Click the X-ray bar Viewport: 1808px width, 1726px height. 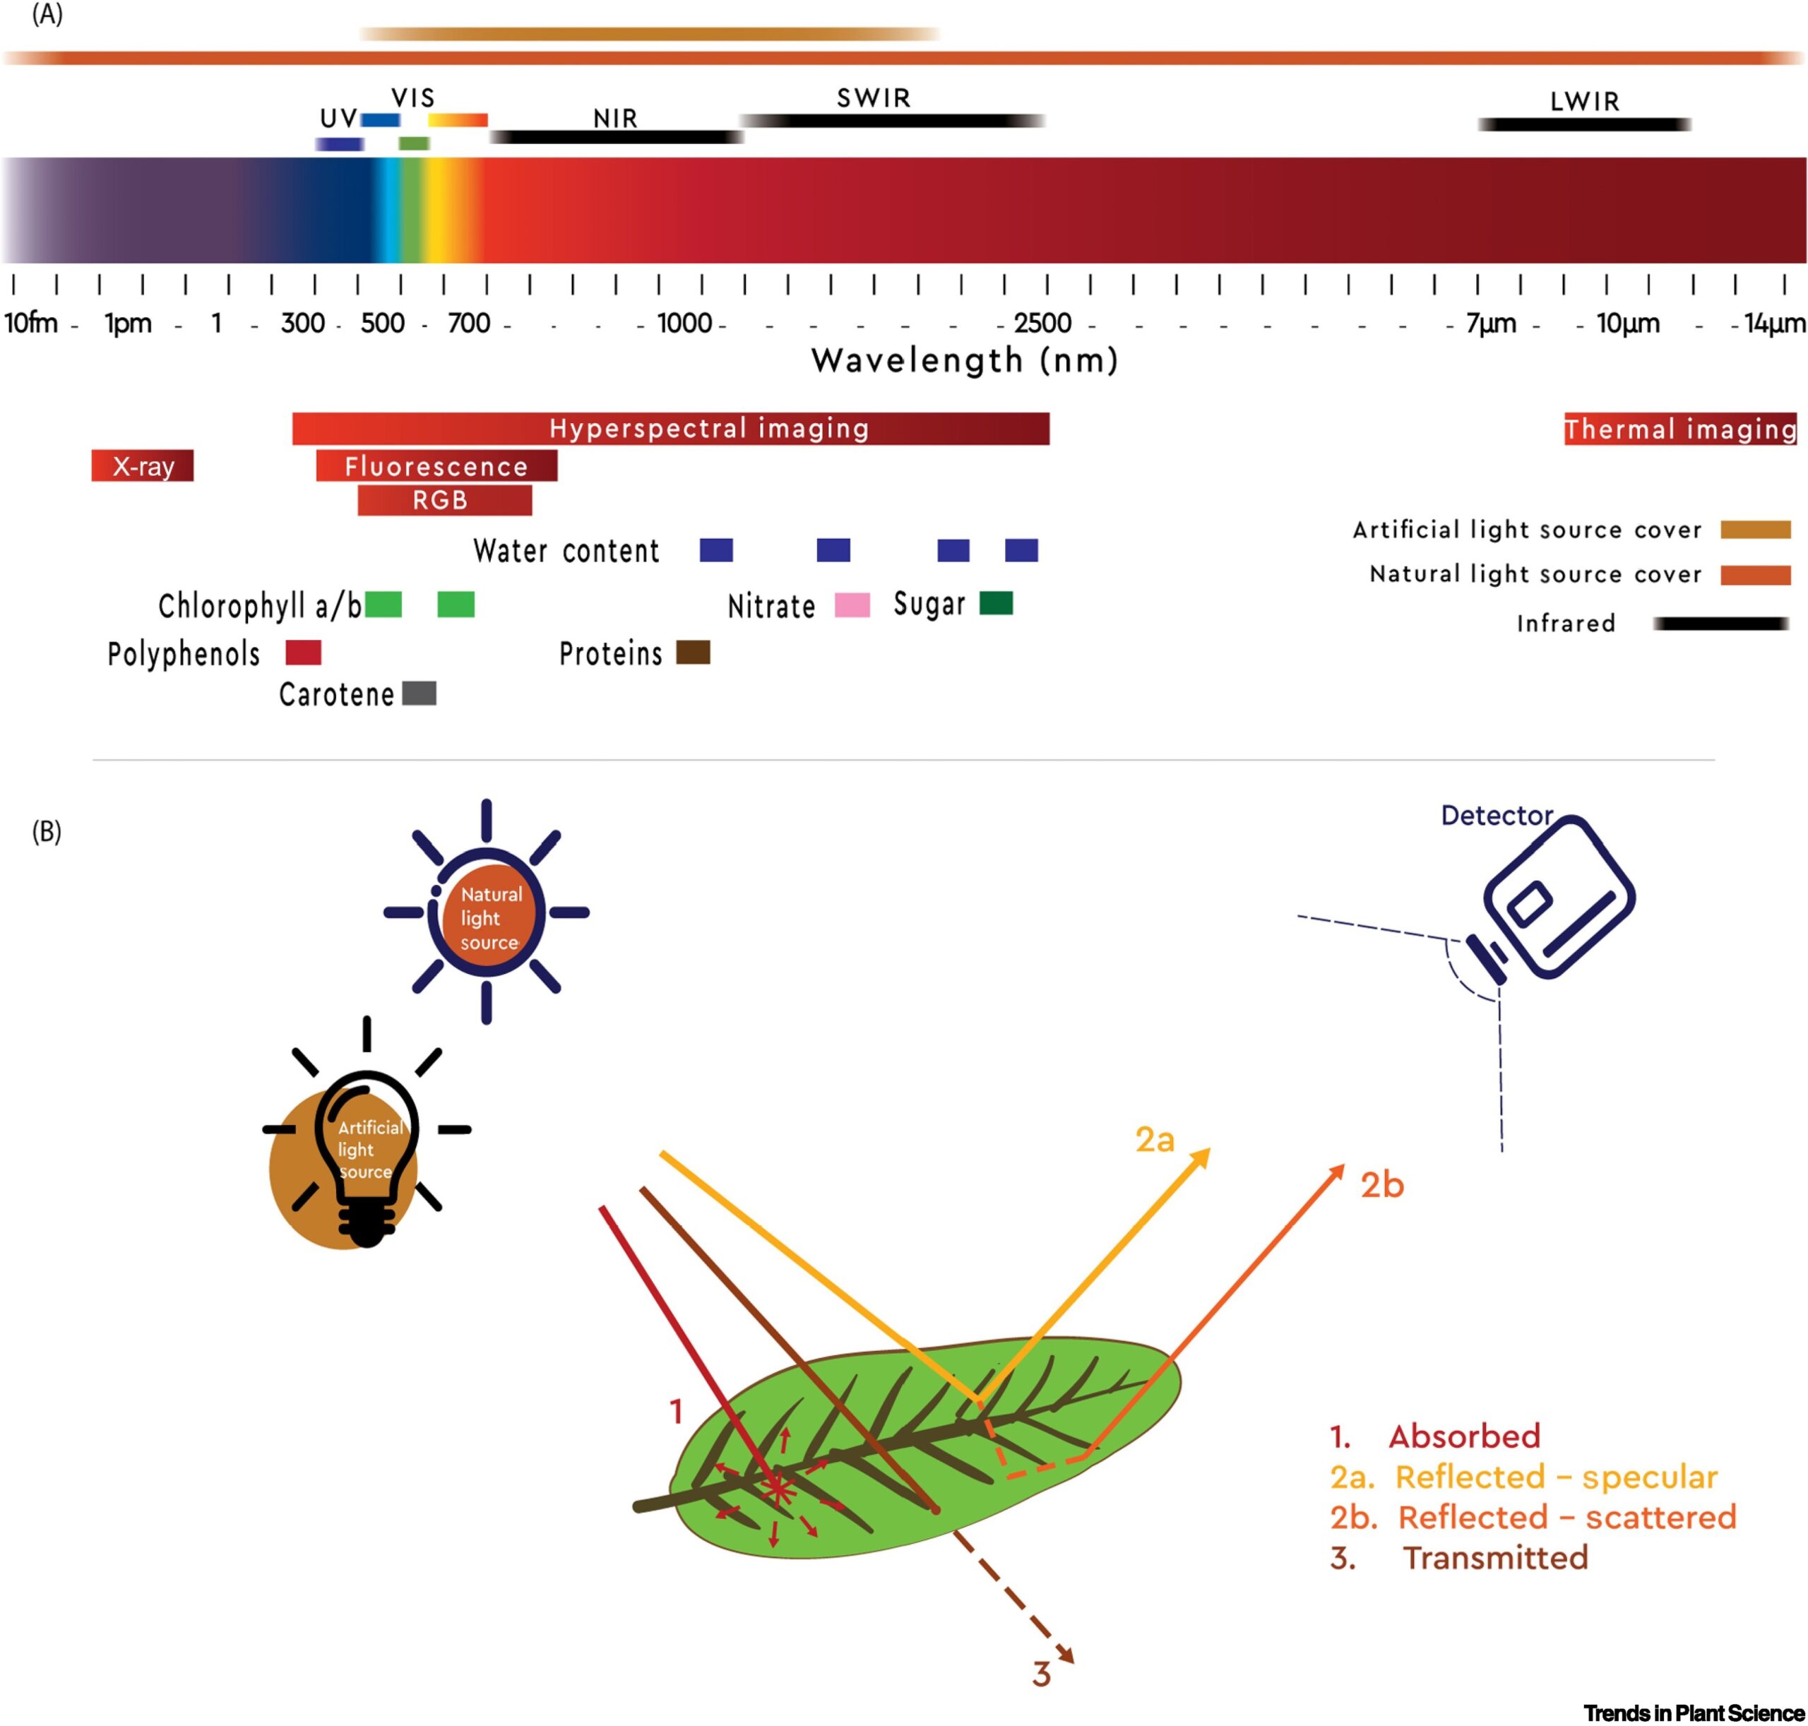(x=143, y=465)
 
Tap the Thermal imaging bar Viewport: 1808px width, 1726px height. (x=1679, y=429)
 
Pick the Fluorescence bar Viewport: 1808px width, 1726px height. (x=436, y=465)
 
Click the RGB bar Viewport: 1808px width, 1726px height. (x=444, y=499)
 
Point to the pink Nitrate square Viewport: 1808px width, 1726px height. (x=852, y=605)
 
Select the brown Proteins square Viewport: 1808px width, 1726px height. (x=693, y=653)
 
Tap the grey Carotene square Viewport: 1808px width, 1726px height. (x=420, y=693)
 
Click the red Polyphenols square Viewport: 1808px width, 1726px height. (x=303, y=653)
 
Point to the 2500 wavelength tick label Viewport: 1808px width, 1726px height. (x=1042, y=323)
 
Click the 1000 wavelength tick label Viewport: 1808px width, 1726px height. (x=684, y=323)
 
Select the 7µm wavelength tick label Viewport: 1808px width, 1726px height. (x=1491, y=323)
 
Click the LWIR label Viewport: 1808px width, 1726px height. (x=1583, y=101)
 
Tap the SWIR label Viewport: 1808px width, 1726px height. (x=873, y=97)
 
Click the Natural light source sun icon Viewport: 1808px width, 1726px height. (x=487, y=912)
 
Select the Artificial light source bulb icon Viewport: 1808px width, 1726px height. (x=367, y=1150)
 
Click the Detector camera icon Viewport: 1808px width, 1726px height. (x=1555, y=897)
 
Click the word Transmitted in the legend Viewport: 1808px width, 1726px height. (x=1495, y=1558)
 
